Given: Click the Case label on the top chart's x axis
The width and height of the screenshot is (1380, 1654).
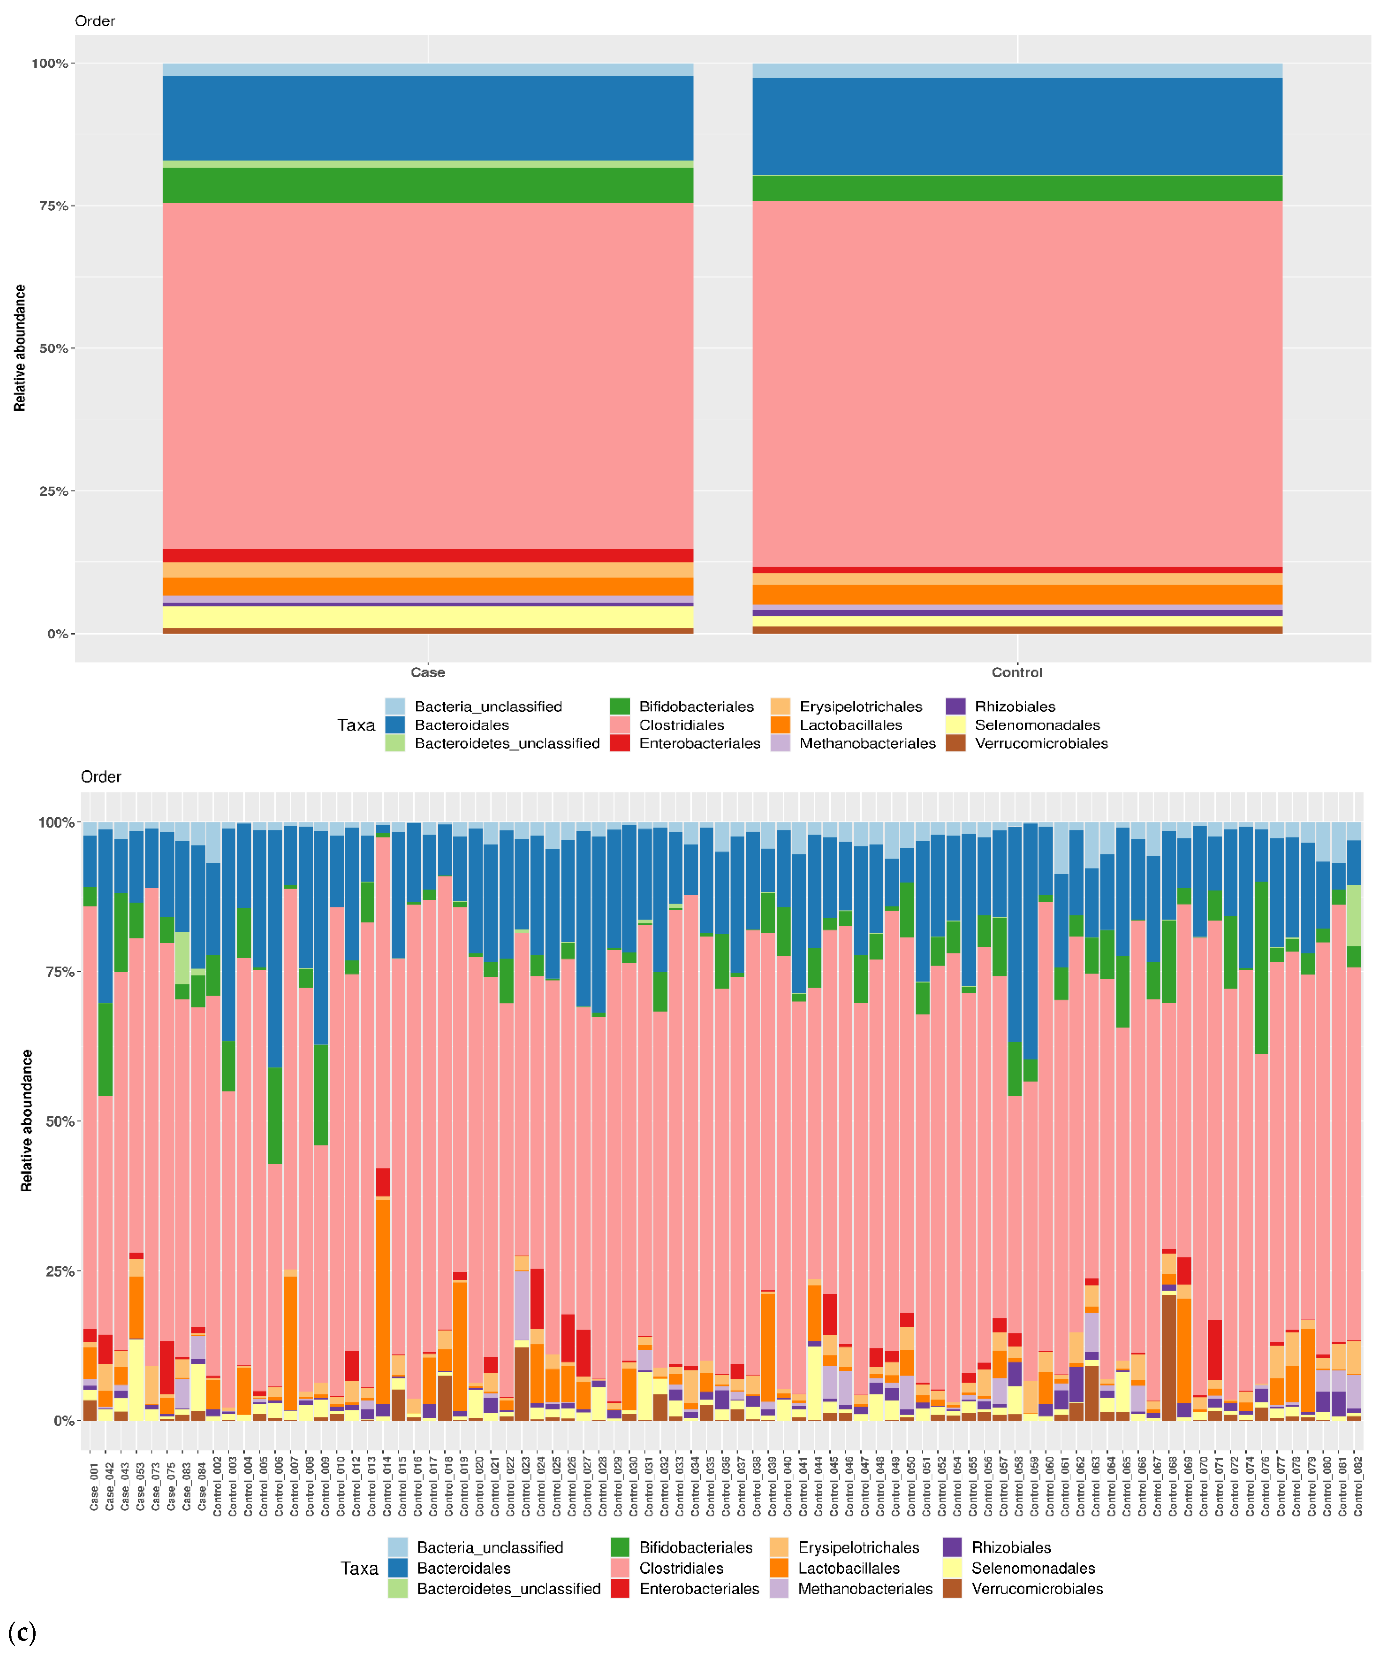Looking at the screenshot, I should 427,672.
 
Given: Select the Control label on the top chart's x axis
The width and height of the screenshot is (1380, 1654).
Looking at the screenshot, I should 1016,672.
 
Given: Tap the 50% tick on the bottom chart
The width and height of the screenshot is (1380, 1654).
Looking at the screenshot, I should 60,1121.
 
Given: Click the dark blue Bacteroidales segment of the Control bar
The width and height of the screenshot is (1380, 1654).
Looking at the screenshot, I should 1016,126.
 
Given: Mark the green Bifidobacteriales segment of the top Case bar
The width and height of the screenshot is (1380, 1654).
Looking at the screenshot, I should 427,185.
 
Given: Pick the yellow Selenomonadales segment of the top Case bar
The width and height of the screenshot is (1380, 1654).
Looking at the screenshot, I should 427,617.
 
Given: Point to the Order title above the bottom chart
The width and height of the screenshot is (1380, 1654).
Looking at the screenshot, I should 101,776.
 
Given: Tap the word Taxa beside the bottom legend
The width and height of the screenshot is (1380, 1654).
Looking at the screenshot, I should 359,1568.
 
